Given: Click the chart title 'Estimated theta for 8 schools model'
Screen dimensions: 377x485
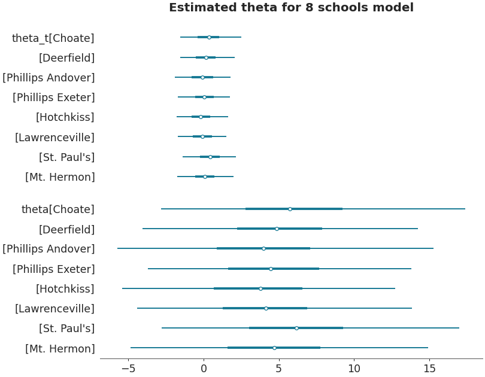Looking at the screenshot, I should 291,8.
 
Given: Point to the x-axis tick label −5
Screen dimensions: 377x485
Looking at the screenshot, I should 128,369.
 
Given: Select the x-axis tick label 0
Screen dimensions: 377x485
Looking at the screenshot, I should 204,369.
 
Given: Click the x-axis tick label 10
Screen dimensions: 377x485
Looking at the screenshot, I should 353,369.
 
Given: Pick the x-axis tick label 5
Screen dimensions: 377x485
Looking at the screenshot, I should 278,369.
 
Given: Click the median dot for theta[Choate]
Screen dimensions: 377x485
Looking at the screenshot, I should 290,209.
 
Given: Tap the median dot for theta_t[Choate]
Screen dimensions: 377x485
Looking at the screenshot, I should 209,37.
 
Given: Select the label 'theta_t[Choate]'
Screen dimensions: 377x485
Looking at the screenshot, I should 53,38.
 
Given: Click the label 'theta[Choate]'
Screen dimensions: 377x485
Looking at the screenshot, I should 57,209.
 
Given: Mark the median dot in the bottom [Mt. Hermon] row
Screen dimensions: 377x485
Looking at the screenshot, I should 274,348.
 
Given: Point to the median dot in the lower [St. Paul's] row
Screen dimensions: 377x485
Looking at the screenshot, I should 296,328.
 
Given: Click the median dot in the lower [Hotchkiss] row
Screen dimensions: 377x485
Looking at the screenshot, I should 260,288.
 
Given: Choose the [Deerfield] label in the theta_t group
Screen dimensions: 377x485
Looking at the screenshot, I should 66,58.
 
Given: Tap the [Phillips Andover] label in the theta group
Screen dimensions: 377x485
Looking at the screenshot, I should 48,249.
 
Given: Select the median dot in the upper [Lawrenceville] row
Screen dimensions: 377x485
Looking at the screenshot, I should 202,136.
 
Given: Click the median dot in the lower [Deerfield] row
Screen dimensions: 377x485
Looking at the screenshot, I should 277,229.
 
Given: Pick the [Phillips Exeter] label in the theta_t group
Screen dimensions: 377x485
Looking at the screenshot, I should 53,98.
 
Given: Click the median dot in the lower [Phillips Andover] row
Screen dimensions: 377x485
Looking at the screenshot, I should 263,248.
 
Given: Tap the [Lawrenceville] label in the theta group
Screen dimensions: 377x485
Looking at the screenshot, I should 54,309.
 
